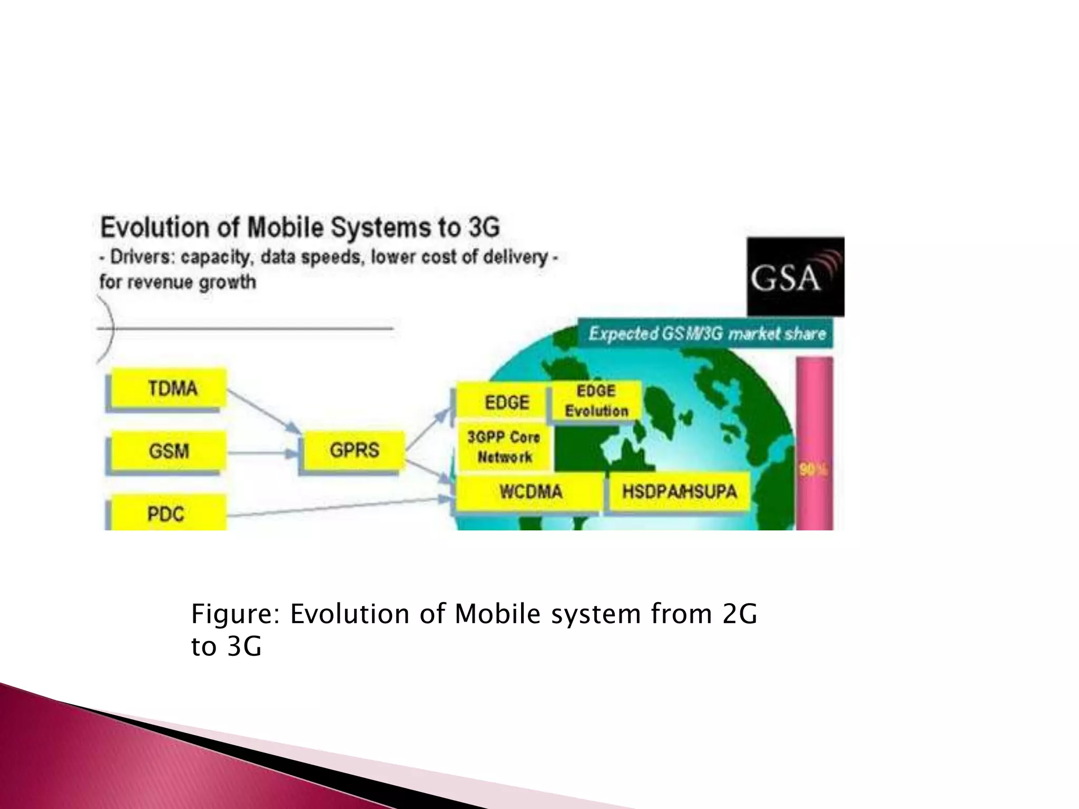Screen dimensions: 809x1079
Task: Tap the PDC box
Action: (166, 513)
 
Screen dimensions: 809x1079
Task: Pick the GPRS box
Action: (353, 450)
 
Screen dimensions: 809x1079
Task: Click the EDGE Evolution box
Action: (596, 400)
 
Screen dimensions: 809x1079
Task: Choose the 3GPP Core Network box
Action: (504, 447)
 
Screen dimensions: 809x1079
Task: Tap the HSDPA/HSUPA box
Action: (679, 492)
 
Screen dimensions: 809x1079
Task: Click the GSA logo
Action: (795, 277)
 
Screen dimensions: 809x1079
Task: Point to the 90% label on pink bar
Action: (813, 469)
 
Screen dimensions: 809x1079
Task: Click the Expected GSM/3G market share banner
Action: (706, 333)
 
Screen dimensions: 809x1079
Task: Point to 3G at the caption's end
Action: (244, 646)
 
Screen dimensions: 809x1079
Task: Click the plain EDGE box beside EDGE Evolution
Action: (506, 402)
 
